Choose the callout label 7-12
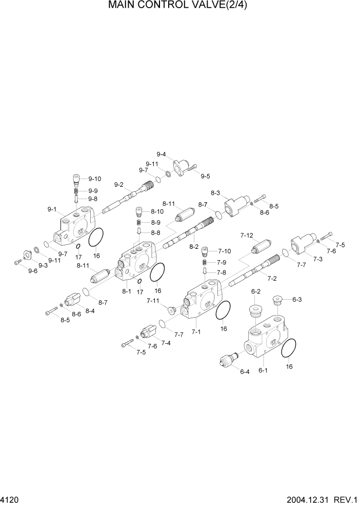tap(247, 235)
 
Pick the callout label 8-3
tap(215, 192)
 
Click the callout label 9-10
tap(94, 179)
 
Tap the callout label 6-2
tap(255, 291)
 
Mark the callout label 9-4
tap(161, 154)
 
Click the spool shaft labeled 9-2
tap(128, 198)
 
